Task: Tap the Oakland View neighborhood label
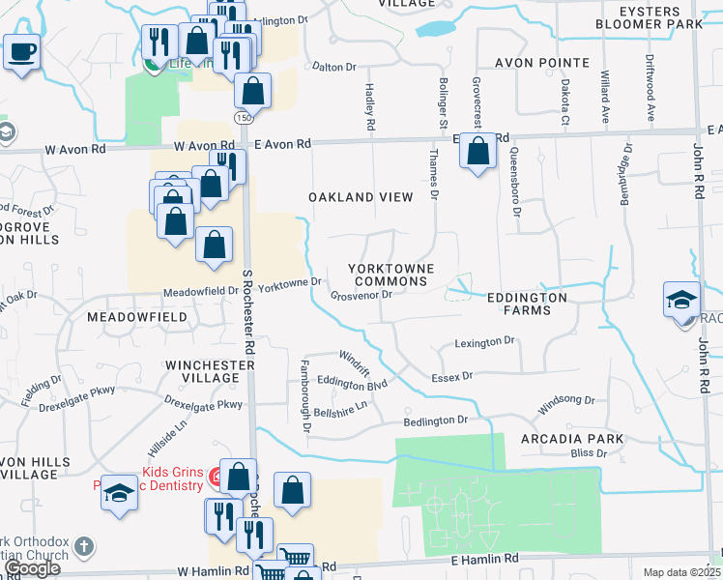pyautogui.click(x=361, y=197)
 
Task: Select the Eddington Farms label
pyautogui.click(x=534, y=304)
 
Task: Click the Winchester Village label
pyautogui.click(x=210, y=371)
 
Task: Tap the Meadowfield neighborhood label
pyautogui.click(x=134, y=317)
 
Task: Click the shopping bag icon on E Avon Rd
pyautogui.click(x=477, y=151)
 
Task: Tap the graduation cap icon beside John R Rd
pyautogui.click(x=681, y=299)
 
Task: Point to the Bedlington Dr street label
pyautogui.click(x=435, y=420)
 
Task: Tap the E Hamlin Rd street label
pyautogui.click(x=484, y=559)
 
